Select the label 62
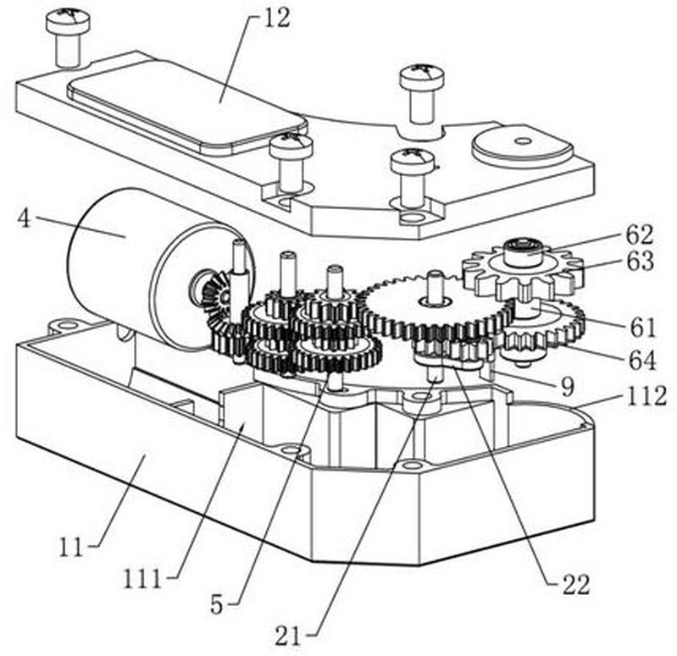[640, 235]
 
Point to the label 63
[641, 262]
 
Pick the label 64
[642, 360]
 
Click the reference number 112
[646, 395]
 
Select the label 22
[575, 585]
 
